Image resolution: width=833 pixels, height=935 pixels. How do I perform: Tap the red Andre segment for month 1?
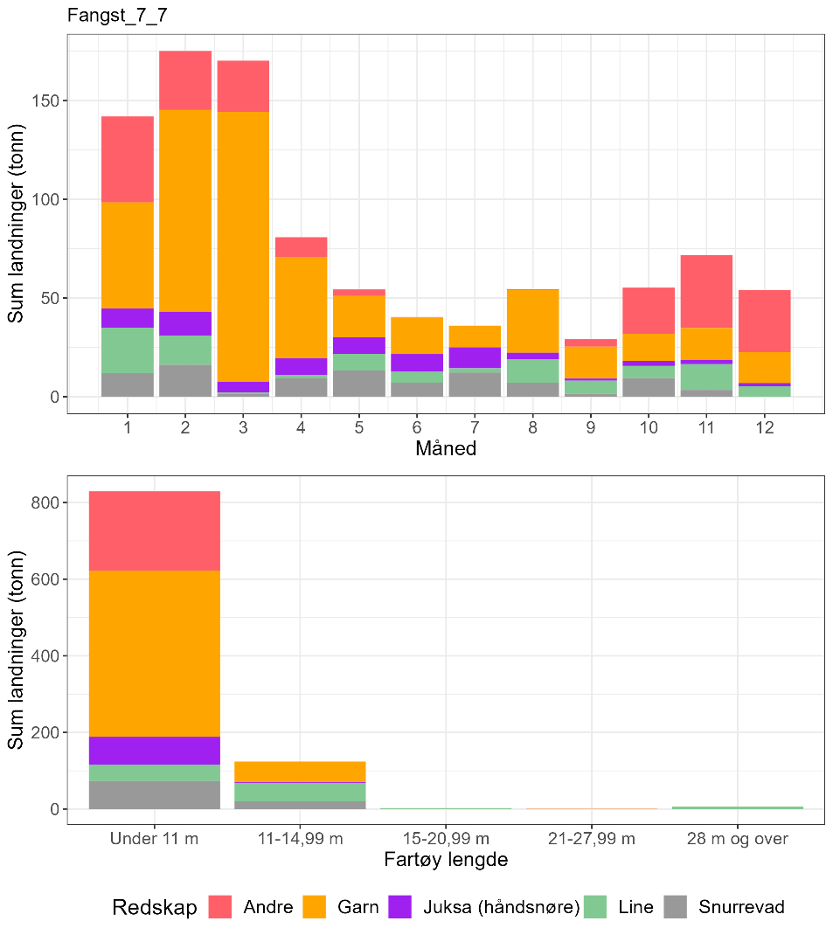pos(127,159)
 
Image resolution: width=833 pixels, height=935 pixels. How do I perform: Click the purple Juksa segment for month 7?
pos(475,357)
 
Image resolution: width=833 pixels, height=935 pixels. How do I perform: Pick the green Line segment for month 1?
pos(127,350)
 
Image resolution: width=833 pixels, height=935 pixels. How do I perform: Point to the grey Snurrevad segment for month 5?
pos(358,384)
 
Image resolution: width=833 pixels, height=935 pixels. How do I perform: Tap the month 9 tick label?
pos(590,428)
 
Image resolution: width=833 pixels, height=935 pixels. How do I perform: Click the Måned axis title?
pos(446,449)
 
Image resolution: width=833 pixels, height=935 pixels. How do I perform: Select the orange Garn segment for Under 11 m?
pos(155,654)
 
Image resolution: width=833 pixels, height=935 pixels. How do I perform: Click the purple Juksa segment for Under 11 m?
pos(155,751)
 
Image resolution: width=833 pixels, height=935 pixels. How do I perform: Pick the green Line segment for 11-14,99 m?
pos(300,792)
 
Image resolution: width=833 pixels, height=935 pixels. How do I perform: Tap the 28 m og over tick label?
pos(738,839)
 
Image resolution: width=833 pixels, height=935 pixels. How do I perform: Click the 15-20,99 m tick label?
pos(446,839)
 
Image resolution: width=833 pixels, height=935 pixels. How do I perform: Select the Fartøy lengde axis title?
pos(446,860)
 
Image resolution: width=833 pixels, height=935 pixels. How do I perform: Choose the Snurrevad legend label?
pos(741,907)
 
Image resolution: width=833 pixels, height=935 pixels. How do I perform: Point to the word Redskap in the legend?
pos(154,908)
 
